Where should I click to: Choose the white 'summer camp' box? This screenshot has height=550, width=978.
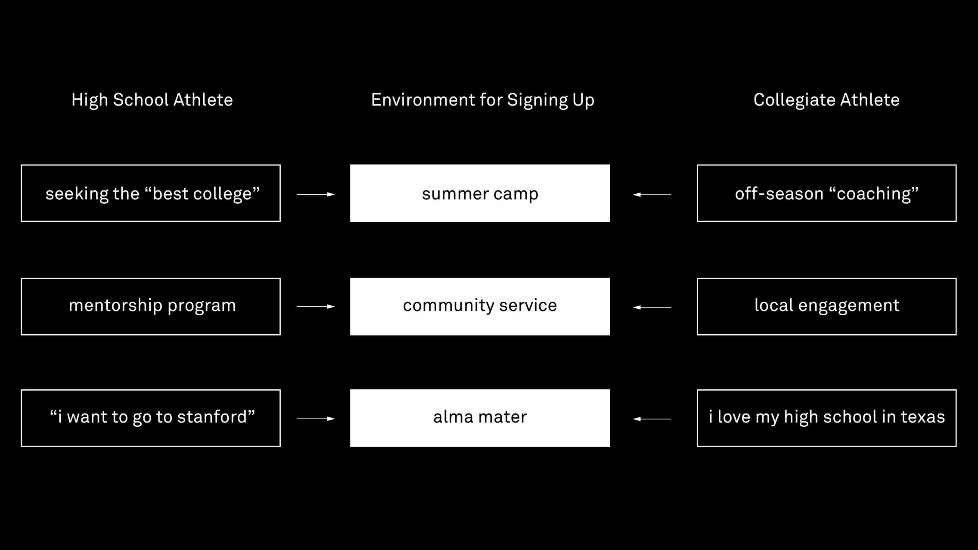(480, 193)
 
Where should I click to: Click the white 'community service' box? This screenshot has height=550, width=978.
(480, 307)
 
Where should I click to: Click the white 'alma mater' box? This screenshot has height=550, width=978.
(480, 418)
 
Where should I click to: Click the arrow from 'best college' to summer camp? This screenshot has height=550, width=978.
(316, 194)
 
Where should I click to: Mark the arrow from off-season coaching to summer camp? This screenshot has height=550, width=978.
(652, 195)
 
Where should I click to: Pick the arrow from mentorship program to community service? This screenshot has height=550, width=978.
(316, 307)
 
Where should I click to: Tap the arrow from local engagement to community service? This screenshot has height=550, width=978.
(652, 308)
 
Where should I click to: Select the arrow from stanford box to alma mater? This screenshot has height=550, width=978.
(316, 419)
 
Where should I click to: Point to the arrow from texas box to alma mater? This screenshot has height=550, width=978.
(652, 419)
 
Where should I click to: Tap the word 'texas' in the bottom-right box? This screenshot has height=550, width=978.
(923, 417)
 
